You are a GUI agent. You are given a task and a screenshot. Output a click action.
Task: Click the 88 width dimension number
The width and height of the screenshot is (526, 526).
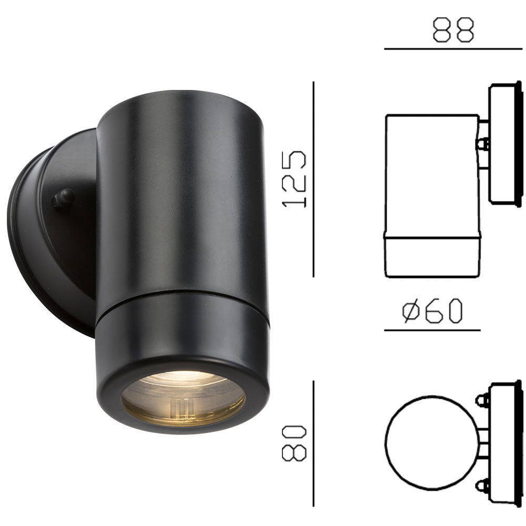453,31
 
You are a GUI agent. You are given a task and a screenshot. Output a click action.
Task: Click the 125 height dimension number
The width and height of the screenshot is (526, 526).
294,178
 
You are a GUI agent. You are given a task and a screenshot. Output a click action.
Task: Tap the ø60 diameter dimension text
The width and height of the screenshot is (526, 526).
432,311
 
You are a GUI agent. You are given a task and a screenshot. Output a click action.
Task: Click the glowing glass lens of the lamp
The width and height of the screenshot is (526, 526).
183,400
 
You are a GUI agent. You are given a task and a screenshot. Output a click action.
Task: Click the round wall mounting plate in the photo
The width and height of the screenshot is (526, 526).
50,231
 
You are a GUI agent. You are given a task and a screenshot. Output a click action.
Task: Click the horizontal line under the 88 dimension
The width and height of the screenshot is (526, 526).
452,49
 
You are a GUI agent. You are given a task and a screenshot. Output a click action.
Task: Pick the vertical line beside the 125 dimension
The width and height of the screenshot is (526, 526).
313,179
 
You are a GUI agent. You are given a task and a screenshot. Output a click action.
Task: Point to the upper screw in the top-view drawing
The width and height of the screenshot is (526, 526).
482,400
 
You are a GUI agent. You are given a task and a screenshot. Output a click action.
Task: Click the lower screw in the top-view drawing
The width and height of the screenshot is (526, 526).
482,484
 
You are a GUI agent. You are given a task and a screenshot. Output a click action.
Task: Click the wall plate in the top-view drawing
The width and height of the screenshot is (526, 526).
505,444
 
